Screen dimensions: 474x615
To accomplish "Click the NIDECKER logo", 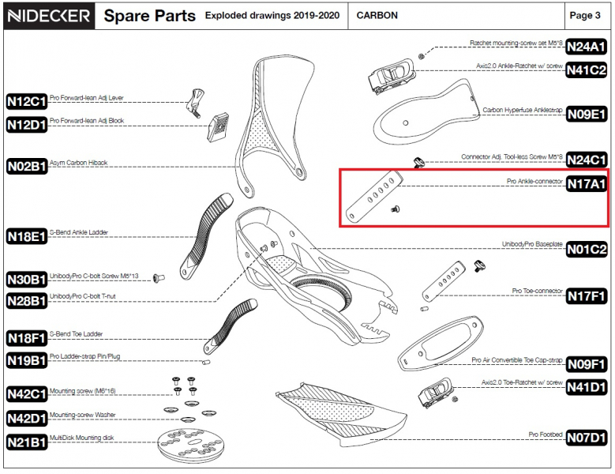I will click(x=48, y=16).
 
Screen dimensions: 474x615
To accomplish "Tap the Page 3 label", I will click(x=585, y=16).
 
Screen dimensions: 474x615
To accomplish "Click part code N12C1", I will click(x=27, y=101).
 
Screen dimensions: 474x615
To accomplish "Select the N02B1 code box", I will click(x=27, y=166).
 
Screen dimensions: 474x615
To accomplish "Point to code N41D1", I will click(x=587, y=387).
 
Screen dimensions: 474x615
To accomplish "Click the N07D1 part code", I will click(x=587, y=437).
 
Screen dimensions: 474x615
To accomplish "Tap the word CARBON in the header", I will click(x=377, y=16).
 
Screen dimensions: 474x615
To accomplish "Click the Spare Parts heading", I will click(x=150, y=16).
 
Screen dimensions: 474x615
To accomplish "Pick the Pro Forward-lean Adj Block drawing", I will click(x=219, y=127).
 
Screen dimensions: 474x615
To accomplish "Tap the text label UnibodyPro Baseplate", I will click(x=531, y=244).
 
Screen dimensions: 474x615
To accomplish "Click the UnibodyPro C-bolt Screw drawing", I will click(x=158, y=277).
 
